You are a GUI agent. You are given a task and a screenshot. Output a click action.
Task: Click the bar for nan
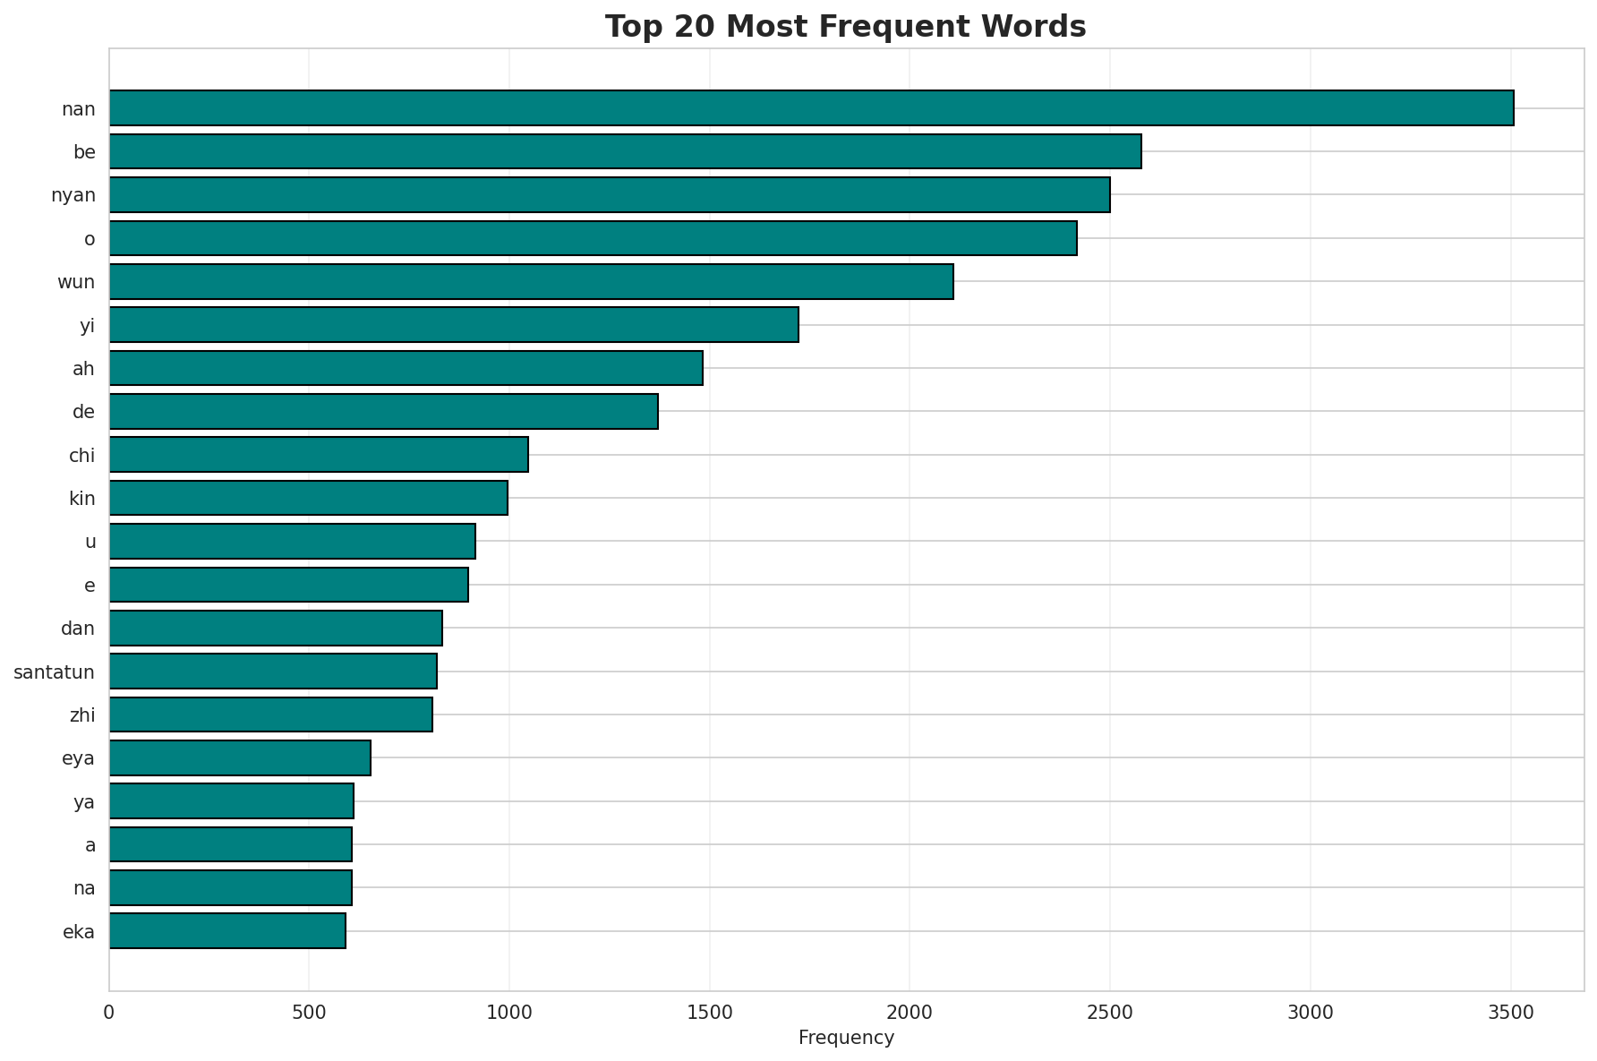click(811, 108)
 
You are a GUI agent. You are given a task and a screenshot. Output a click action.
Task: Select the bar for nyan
click(610, 195)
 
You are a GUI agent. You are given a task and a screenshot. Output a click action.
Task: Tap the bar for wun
click(531, 281)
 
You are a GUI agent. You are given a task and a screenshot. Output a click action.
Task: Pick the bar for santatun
click(273, 672)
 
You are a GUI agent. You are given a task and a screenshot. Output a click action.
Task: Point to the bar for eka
click(227, 931)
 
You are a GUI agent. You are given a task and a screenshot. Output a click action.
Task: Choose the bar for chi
click(319, 455)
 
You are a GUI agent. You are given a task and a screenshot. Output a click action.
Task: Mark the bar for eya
click(240, 758)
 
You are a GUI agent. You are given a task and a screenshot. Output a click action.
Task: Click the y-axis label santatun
click(55, 672)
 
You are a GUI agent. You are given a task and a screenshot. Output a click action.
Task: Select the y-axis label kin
click(82, 499)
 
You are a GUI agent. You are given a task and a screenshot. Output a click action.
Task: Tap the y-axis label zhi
click(82, 715)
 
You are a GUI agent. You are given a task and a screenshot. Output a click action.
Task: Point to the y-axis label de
click(83, 412)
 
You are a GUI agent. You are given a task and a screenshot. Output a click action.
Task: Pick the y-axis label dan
click(78, 629)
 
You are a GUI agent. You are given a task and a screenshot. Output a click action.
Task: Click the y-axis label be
click(84, 152)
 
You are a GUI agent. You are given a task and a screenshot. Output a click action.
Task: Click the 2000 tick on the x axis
click(910, 1013)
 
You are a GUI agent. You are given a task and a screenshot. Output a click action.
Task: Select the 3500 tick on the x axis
click(1511, 1013)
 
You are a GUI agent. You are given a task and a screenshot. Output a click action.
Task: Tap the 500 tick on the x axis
click(309, 1013)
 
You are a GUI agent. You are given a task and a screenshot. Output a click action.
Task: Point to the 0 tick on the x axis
click(109, 1013)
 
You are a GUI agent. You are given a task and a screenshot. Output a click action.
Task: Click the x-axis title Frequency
click(846, 1039)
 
